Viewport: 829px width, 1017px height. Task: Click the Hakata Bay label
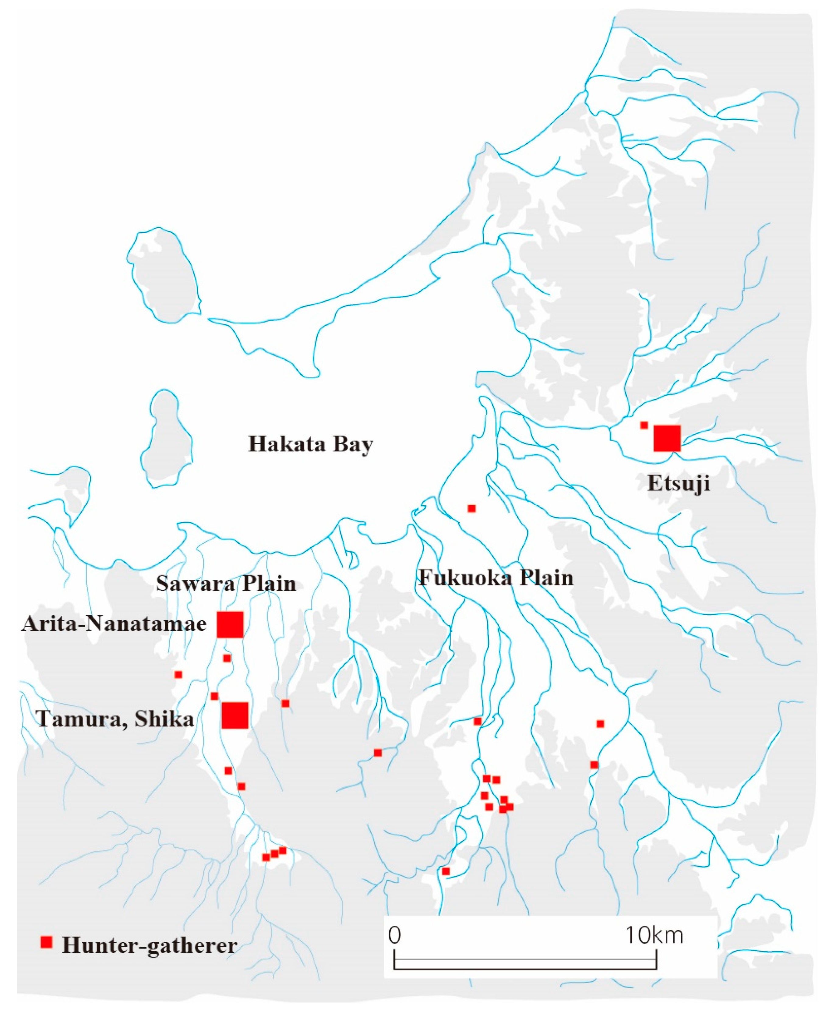[x=310, y=444]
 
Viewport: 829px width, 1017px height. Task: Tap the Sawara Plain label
[x=226, y=584]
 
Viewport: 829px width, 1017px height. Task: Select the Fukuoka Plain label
[x=496, y=578]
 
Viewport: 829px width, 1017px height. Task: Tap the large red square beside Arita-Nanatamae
[x=230, y=624]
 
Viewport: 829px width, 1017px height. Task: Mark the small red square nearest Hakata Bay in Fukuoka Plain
[x=472, y=509]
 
